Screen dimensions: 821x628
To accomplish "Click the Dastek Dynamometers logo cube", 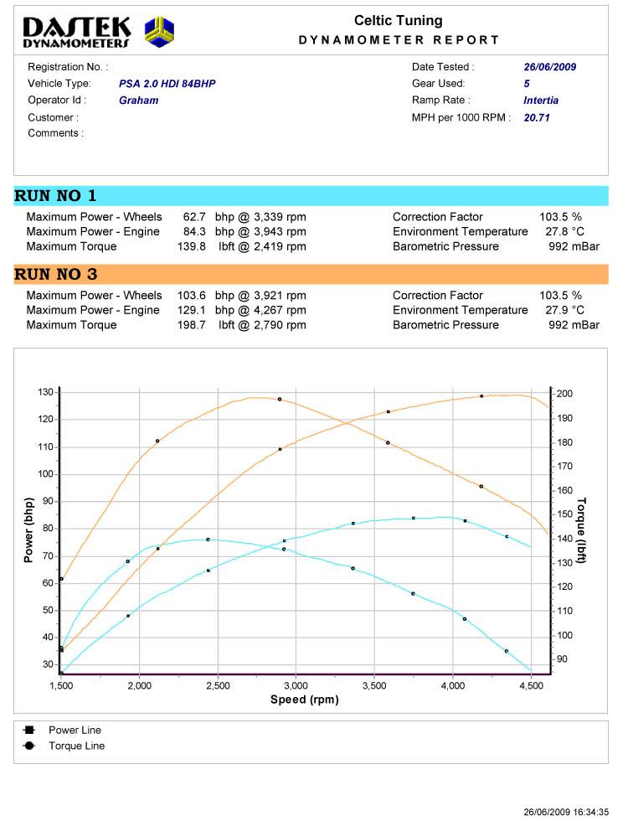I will [160, 32].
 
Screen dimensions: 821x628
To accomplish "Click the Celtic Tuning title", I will [399, 21].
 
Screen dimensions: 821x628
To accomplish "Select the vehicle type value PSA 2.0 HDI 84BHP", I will [167, 84].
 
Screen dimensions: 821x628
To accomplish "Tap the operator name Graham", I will [138, 101].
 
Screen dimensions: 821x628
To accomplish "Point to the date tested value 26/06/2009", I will [550, 67].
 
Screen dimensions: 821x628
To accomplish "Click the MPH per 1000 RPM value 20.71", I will [537, 118].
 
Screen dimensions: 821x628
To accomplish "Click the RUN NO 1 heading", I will [55, 196].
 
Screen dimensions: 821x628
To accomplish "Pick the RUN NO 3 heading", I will [55, 275].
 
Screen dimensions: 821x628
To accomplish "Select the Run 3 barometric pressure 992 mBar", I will [574, 325].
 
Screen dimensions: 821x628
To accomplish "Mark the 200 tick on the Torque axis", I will [564, 393].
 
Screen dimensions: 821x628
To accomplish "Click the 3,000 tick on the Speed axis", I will [296, 686].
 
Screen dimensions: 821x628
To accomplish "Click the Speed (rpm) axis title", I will [303, 700].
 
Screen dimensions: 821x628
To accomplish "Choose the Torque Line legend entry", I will [76, 746].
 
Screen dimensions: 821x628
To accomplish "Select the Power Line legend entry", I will [75, 731].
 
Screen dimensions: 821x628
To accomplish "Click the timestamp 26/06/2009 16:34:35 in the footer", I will [566, 812].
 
